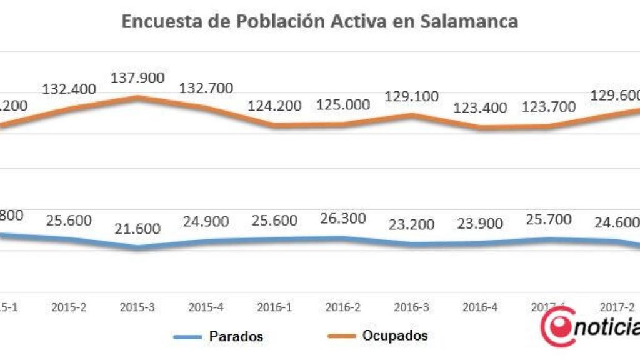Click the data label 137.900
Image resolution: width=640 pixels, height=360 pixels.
tap(137, 78)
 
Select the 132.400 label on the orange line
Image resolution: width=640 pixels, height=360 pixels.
tap(69, 89)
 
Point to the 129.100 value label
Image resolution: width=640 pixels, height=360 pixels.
tap(412, 96)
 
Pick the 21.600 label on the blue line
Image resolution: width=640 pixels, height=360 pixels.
tap(137, 229)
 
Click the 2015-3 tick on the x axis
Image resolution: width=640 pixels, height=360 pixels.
tap(137, 307)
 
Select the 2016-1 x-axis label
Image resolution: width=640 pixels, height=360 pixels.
tap(274, 307)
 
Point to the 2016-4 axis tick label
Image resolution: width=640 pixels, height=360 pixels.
tap(480, 307)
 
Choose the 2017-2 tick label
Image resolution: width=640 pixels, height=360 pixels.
tap(616, 307)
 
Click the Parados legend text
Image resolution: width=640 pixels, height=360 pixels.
tap(236, 337)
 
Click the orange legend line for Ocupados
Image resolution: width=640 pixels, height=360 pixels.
tap(342, 336)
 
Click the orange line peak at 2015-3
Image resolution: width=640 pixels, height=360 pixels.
tap(138, 97)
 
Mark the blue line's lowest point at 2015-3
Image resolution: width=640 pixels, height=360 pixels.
tap(137, 247)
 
